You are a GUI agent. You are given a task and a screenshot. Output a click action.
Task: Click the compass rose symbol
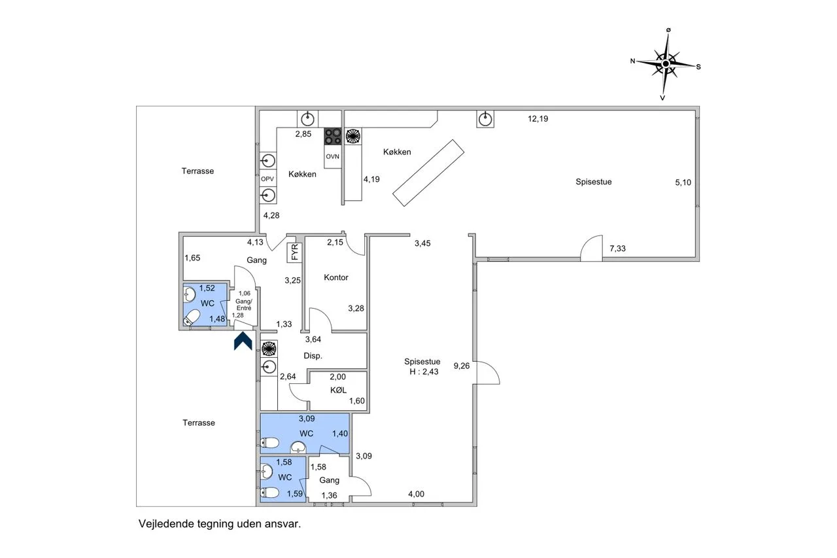point(666,64)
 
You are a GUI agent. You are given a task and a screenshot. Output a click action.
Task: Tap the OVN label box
point(333,156)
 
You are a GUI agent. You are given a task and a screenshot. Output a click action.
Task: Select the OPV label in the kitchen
point(267,179)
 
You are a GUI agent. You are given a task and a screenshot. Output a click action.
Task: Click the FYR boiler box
point(295,253)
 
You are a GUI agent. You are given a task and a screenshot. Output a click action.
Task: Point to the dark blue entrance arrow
point(243,341)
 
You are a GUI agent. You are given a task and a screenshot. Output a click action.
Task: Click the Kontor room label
point(336,277)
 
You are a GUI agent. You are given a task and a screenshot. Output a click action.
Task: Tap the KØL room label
point(338,390)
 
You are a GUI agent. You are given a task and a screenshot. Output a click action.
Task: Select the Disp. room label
point(313,356)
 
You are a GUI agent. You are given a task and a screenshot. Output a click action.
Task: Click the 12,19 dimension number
point(538,119)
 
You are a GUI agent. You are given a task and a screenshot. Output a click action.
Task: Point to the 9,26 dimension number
point(462,366)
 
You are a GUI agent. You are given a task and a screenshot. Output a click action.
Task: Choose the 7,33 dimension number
point(618,249)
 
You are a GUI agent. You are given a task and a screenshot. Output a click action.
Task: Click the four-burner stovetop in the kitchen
point(333,137)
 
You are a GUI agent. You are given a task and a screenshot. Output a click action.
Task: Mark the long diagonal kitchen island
point(428,173)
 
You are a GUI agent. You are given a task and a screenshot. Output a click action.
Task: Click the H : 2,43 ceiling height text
point(424,372)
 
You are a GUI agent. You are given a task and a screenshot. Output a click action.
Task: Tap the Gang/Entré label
point(244,305)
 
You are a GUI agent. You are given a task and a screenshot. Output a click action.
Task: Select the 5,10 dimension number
point(683,183)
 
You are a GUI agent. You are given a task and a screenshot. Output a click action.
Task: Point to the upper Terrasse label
point(197,171)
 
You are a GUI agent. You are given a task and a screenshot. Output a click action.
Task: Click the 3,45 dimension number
point(422,243)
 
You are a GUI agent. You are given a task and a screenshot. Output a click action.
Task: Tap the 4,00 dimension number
point(417,494)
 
